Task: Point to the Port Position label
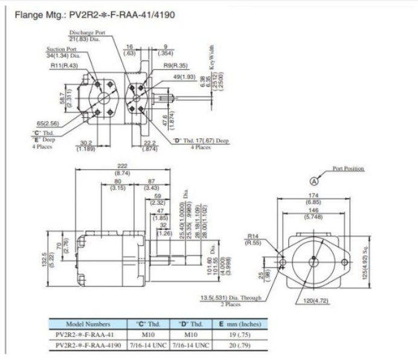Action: pyautogui.click(x=348, y=169)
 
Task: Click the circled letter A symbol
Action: pyautogui.click(x=315, y=181)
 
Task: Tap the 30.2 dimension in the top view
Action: pyautogui.click(x=85, y=144)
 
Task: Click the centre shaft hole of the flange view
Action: pyautogui.click(x=313, y=260)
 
